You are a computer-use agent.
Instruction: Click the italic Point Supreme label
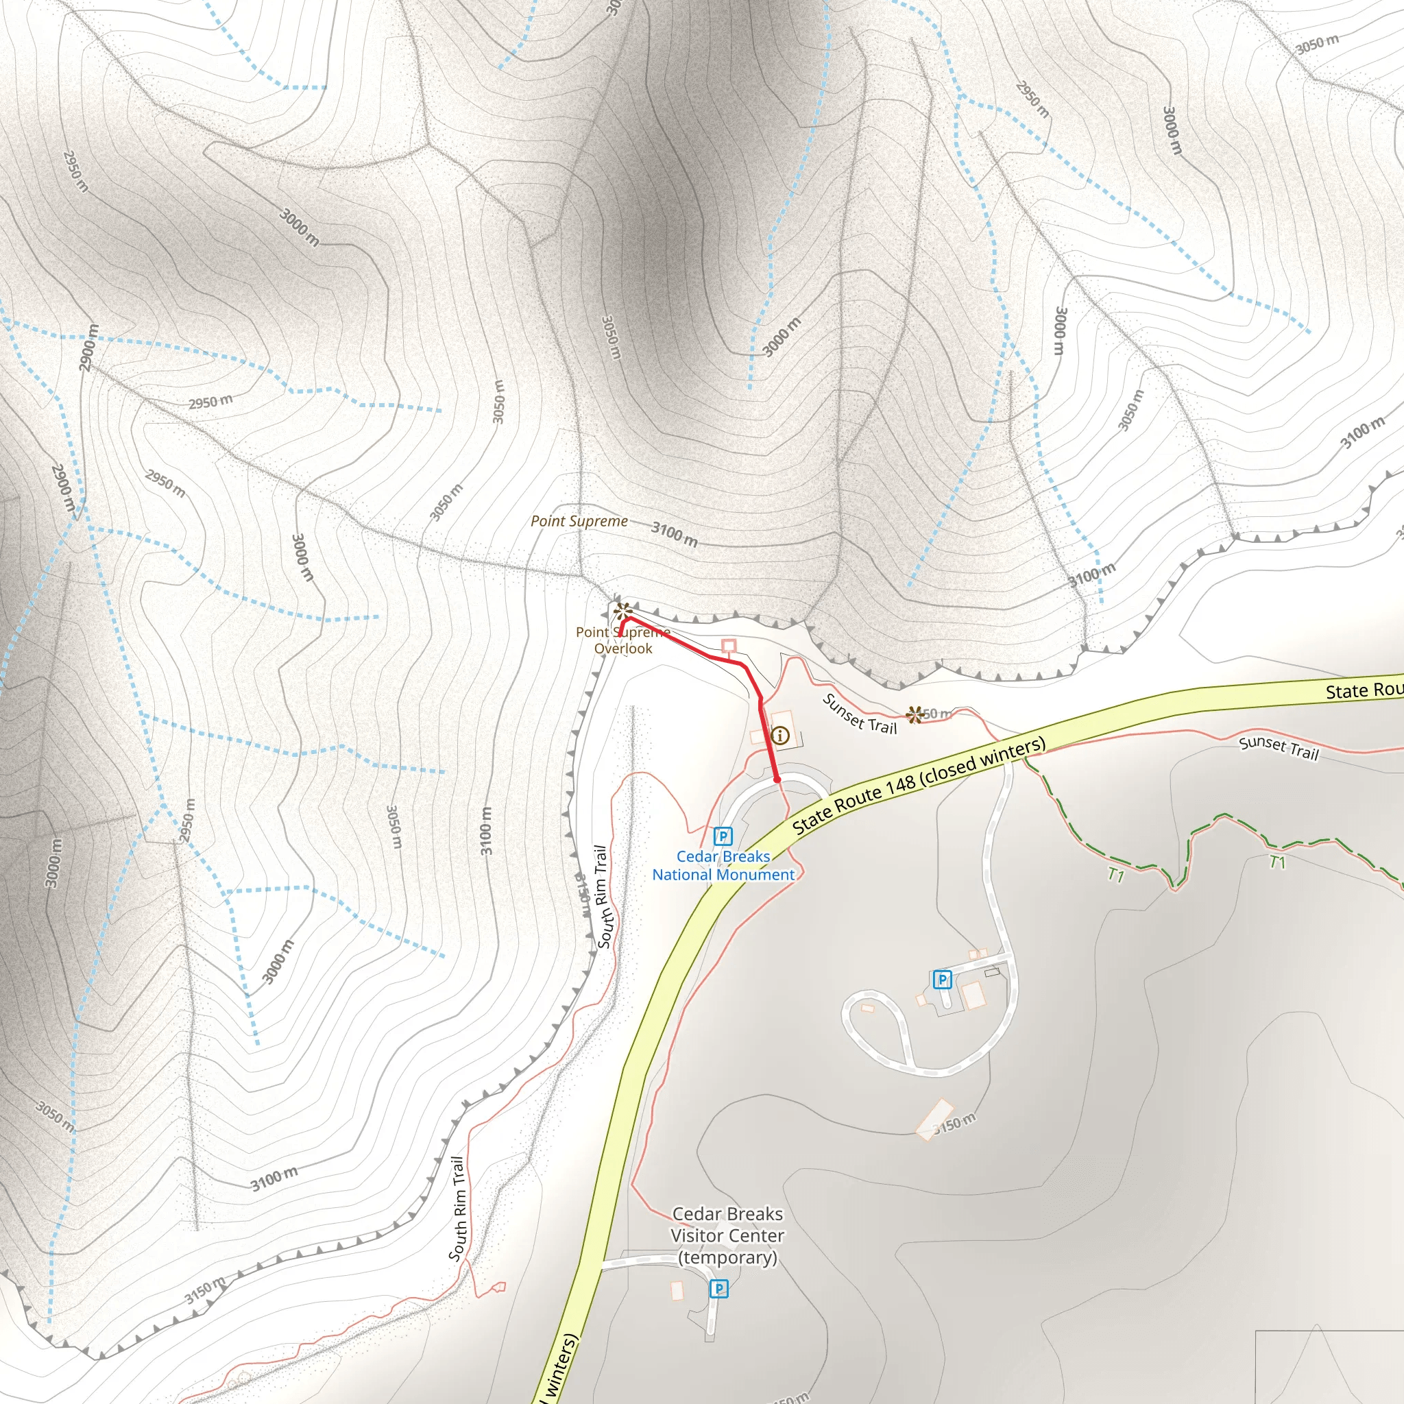(x=579, y=521)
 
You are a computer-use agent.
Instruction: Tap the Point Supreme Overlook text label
(x=622, y=640)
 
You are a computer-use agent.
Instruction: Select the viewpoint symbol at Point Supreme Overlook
(x=622, y=610)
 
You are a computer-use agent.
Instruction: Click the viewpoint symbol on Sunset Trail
(x=915, y=714)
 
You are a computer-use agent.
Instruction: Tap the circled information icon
(x=779, y=736)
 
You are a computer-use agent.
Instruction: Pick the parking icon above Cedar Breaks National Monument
(x=723, y=836)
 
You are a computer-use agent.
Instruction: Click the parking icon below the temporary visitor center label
(x=718, y=1288)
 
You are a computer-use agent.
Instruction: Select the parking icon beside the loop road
(x=942, y=980)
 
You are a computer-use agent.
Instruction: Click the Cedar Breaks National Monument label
(x=723, y=866)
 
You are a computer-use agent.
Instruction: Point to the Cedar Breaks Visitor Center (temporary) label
(x=727, y=1235)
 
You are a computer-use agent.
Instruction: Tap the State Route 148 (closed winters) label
(x=919, y=785)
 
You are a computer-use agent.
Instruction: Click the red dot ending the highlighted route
(x=777, y=779)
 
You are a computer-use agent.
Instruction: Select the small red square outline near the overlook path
(x=729, y=645)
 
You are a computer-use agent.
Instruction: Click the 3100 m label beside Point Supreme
(x=675, y=534)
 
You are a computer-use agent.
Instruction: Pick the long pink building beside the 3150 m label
(x=934, y=1119)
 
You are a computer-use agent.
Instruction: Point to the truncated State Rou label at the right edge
(x=1364, y=690)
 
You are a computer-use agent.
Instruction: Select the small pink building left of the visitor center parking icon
(x=677, y=1291)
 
